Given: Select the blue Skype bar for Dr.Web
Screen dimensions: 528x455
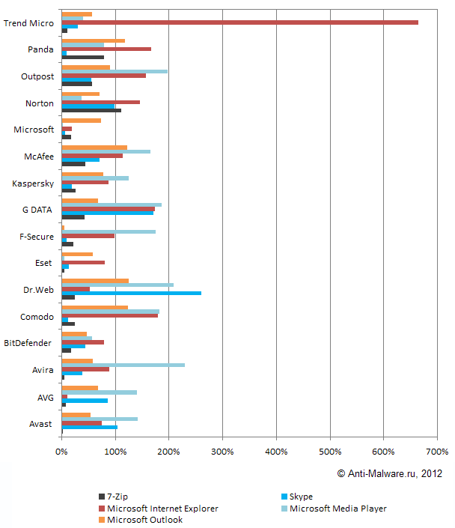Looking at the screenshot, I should click(131, 293).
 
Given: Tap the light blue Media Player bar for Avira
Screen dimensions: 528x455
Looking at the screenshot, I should click(123, 365).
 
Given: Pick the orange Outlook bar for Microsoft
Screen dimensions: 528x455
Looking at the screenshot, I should click(81, 121).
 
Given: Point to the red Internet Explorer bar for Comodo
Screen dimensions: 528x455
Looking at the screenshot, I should click(109, 315).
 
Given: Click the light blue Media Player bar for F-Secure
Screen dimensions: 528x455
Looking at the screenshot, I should click(109, 232).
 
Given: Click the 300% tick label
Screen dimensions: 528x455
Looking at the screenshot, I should click(222, 452).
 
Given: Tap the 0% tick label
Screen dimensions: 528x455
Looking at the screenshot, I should click(61, 452).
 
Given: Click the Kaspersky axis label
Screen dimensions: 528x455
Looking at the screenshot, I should click(33, 183).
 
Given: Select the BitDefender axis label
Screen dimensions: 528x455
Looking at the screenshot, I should click(28, 343).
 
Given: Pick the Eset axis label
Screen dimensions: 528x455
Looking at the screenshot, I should click(44, 263).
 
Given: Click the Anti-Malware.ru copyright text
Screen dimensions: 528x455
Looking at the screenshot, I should click(389, 473).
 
